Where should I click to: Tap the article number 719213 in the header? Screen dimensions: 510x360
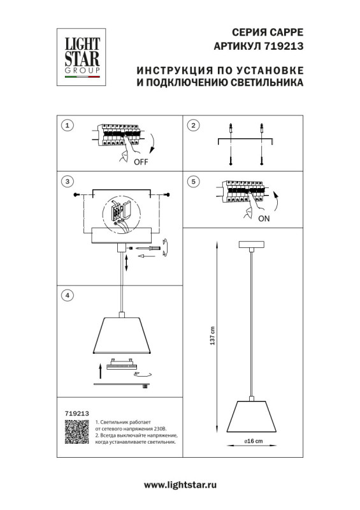(x=284, y=46)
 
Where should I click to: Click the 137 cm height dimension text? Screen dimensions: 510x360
(x=213, y=336)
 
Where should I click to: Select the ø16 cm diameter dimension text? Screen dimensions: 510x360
(x=254, y=441)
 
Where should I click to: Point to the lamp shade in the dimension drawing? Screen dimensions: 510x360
(x=254, y=416)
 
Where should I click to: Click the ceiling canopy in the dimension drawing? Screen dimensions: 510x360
(x=254, y=244)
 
